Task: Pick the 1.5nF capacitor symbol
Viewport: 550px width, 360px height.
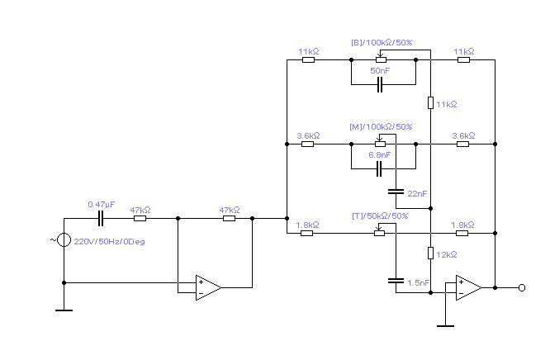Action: [396, 281]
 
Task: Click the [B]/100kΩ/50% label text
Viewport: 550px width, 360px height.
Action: [381, 42]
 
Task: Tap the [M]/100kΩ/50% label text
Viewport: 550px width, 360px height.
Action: [381, 126]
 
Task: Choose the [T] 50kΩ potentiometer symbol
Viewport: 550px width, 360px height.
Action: [380, 232]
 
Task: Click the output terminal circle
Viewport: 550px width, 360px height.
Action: [522, 288]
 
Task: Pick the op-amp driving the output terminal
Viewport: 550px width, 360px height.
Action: [468, 288]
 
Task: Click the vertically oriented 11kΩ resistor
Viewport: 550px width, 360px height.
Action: [430, 103]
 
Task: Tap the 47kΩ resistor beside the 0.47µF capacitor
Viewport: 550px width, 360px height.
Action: [140, 219]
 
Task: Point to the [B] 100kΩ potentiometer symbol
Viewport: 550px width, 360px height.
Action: [381, 60]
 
